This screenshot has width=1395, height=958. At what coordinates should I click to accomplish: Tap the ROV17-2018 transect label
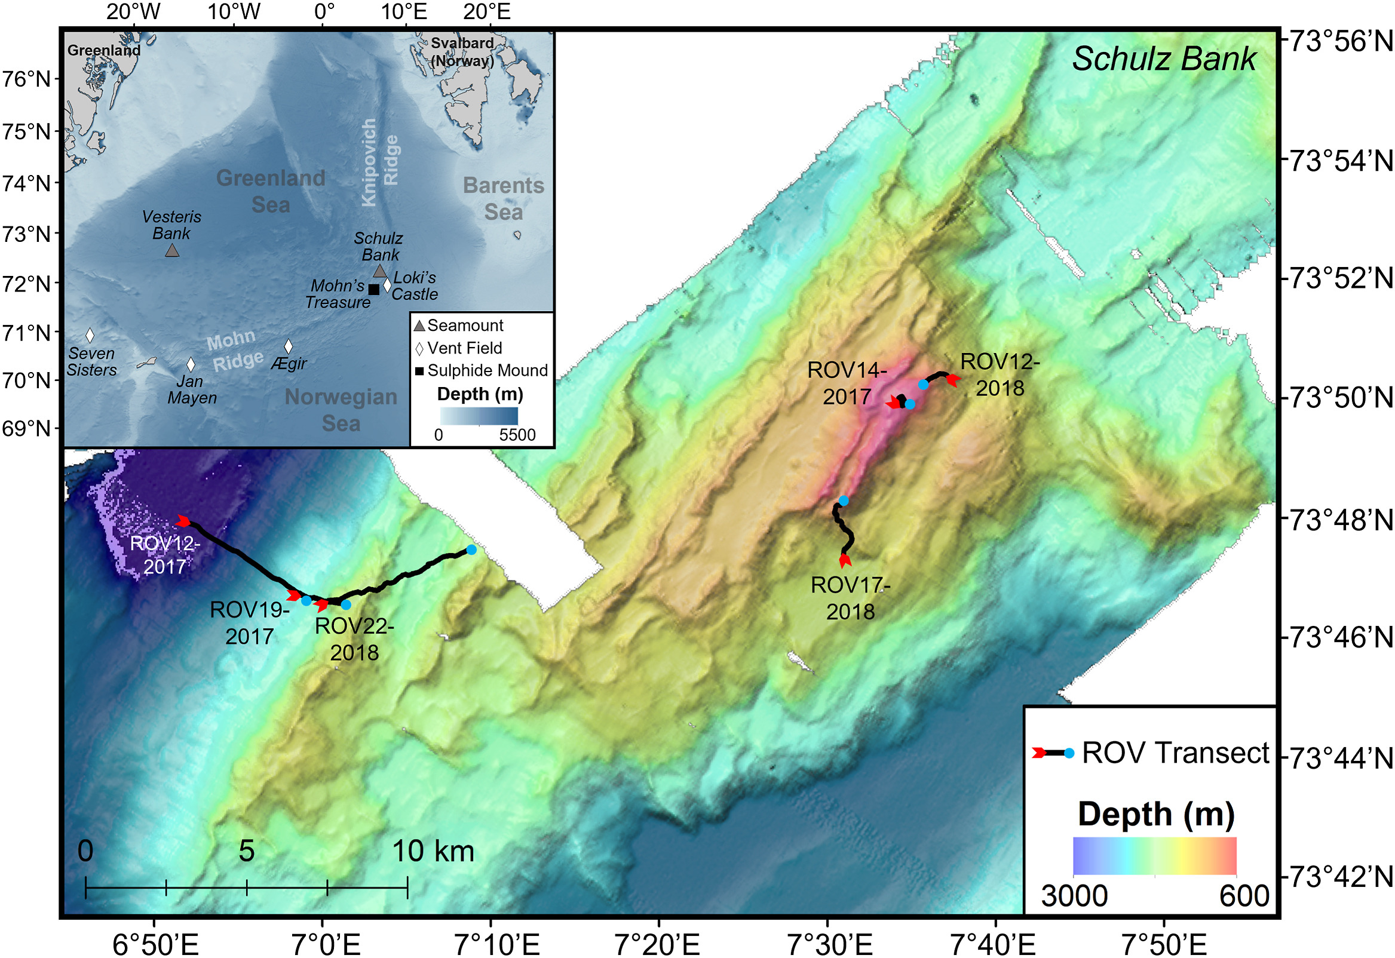click(850, 598)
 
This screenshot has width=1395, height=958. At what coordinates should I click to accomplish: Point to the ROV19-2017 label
click(250, 622)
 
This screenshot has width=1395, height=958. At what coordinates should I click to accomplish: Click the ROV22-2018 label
click(354, 638)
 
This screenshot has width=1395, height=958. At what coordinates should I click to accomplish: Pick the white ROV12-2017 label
click(165, 555)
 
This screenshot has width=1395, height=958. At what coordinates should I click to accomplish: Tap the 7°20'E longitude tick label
click(658, 944)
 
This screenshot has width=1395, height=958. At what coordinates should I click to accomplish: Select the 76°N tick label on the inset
click(27, 79)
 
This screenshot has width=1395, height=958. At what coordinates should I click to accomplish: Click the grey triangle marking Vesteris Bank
click(172, 250)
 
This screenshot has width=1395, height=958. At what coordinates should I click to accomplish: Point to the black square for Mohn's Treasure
click(373, 289)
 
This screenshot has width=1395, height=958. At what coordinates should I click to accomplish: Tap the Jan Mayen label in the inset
click(192, 389)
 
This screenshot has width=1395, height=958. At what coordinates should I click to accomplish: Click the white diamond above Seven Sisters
click(90, 335)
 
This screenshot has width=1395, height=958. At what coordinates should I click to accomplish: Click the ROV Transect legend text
click(1175, 753)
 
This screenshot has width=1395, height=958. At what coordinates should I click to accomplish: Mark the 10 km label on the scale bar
click(433, 851)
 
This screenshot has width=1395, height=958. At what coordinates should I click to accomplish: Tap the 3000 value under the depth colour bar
click(1074, 896)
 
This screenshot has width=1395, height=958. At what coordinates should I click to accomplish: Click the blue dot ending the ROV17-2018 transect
click(844, 501)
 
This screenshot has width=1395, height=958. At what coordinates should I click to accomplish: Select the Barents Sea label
click(503, 198)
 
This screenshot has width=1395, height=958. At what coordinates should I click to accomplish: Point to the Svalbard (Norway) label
click(462, 51)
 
